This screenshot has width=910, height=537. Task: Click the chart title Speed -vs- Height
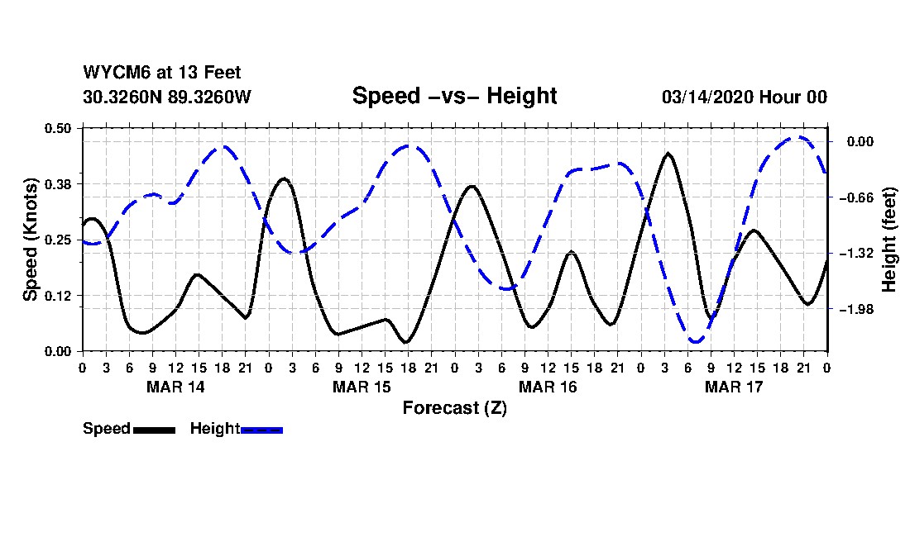(x=454, y=96)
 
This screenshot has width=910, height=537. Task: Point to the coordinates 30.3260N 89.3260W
(x=166, y=97)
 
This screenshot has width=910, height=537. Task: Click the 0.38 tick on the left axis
(x=59, y=183)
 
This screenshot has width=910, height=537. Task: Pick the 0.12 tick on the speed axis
(x=59, y=296)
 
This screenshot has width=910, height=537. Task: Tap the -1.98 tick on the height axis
(x=860, y=309)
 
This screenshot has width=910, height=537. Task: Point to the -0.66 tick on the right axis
(x=860, y=197)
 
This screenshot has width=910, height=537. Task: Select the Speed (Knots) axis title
(x=31, y=240)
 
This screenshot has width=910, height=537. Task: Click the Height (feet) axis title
(x=890, y=240)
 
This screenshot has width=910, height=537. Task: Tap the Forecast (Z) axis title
(x=454, y=408)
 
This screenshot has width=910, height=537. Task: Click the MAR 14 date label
(x=175, y=387)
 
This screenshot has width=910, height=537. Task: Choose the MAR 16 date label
(x=548, y=387)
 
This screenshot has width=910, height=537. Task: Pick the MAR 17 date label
(x=734, y=387)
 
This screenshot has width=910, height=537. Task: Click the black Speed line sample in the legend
(x=154, y=430)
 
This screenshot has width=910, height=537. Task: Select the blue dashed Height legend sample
(x=261, y=430)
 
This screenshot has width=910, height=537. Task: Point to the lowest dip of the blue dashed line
(x=695, y=340)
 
